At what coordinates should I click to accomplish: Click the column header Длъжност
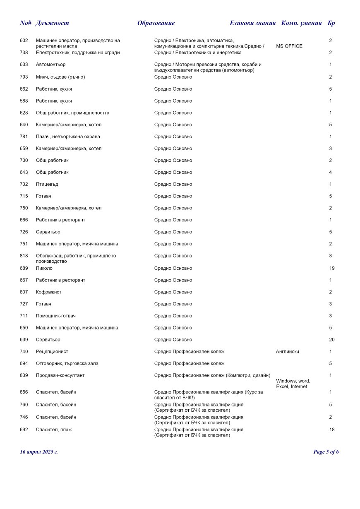[x=52, y=23]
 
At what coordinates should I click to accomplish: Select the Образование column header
[x=156, y=23]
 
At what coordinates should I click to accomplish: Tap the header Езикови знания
[x=252, y=23]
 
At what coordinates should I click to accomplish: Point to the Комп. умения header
[x=301, y=23]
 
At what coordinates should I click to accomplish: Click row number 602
[x=24, y=41]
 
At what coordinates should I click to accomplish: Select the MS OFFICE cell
[x=289, y=46]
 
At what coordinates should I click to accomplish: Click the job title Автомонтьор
[x=50, y=65]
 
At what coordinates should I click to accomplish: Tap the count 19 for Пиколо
[x=332, y=268]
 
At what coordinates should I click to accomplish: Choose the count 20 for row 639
[x=332, y=340]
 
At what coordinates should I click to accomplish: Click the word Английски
[x=287, y=352]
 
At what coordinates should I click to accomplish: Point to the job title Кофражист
[x=49, y=292]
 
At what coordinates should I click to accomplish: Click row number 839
[x=24, y=375]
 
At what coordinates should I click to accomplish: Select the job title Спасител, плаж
[x=54, y=430]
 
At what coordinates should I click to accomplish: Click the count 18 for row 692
[x=332, y=430]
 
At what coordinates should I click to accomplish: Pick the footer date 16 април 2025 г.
[x=39, y=451]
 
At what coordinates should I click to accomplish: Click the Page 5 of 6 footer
[x=326, y=451]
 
